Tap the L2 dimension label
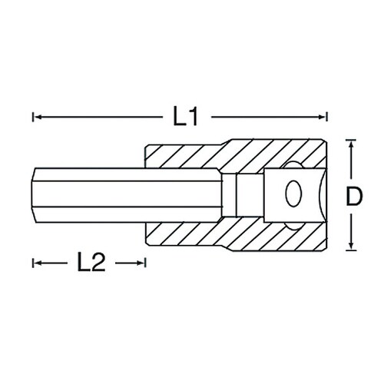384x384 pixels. point(91,263)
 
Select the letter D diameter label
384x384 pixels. point(352,196)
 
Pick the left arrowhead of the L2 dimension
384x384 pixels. point(35,263)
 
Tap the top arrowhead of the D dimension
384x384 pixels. point(352,144)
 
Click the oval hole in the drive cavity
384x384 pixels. point(293,196)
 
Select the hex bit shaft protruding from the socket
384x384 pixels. point(92,195)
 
